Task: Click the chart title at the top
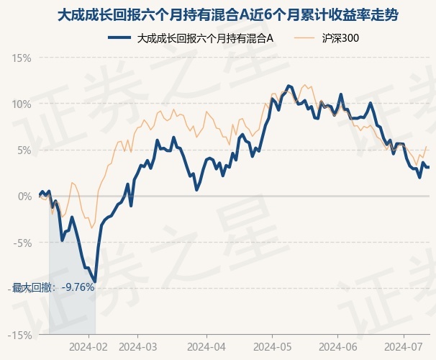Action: [x=217, y=14]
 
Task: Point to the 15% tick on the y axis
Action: [x=22, y=58]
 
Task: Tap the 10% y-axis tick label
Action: [x=22, y=104]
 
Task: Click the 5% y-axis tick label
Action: [x=24, y=150]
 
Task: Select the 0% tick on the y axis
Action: [x=24, y=196]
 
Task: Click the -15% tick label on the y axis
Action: [x=20, y=335]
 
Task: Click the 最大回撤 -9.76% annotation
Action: [x=53, y=287]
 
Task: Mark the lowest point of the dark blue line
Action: [x=95, y=281]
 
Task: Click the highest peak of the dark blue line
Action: [x=288, y=86]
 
